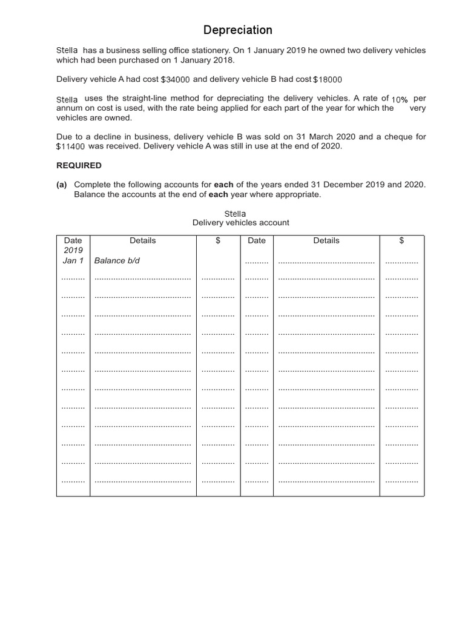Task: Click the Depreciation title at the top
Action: [x=237, y=30]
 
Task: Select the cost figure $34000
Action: [x=175, y=79]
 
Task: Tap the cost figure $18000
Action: [x=327, y=79]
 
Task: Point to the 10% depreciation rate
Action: [x=400, y=99]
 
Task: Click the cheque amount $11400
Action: [x=71, y=147]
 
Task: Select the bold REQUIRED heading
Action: [x=79, y=165]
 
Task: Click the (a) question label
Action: [x=62, y=185]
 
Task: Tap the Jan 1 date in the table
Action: [x=73, y=260]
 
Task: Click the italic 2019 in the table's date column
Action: [x=73, y=250]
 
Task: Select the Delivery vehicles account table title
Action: [x=240, y=223]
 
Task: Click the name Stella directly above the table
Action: [x=235, y=213]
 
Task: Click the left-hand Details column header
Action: [x=143, y=240]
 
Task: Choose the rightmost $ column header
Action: [x=401, y=240]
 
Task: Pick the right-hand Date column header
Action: [x=257, y=240]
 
